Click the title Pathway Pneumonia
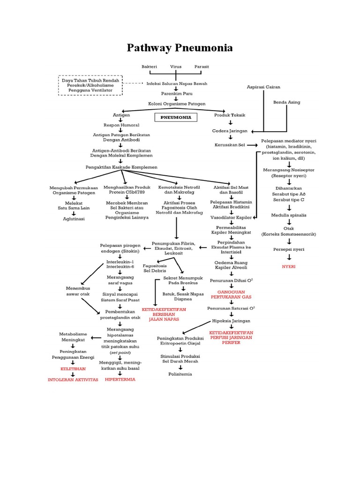click(x=180, y=48)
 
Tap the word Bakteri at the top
click(x=147, y=67)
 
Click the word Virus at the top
click(x=175, y=67)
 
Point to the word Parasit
click(x=202, y=67)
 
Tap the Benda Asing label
click(x=287, y=102)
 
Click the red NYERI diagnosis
click(x=289, y=266)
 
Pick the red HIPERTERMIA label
click(x=120, y=379)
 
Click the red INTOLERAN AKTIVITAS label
click(x=73, y=380)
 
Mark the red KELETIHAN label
click(x=73, y=369)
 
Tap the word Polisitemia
click(x=180, y=374)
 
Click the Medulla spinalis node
click(x=289, y=215)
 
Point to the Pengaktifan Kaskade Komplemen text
click(x=121, y=167)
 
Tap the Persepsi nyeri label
click(x=289, y=249)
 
